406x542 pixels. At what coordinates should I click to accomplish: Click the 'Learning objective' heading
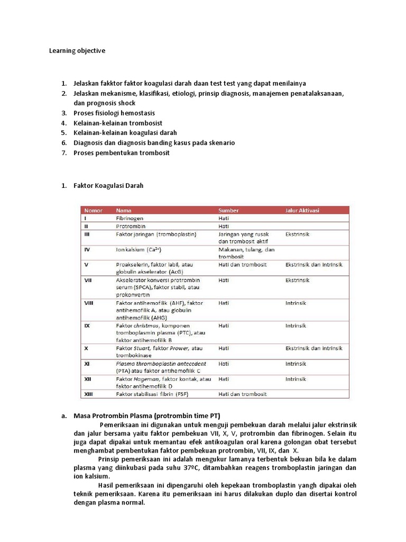point(77,51)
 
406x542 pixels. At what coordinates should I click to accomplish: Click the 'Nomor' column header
point(94,210)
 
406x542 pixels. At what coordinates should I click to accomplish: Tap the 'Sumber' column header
point(228,210)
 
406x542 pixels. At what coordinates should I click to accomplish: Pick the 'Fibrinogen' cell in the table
point(130,218)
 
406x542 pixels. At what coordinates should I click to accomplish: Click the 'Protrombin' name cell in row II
point(130,225)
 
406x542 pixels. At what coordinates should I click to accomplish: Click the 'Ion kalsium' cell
point(139,249)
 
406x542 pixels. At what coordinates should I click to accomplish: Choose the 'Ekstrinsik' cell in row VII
point(297,280)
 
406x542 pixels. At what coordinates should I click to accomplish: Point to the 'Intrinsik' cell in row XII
point(296,379)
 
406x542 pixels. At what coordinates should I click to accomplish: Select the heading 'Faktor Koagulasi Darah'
point(108,186)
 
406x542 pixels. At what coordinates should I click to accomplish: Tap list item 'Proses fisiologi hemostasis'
point(114,113)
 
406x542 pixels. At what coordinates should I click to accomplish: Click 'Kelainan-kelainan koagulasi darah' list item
point(125,133)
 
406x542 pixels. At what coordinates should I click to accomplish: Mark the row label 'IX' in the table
point(87,326)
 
